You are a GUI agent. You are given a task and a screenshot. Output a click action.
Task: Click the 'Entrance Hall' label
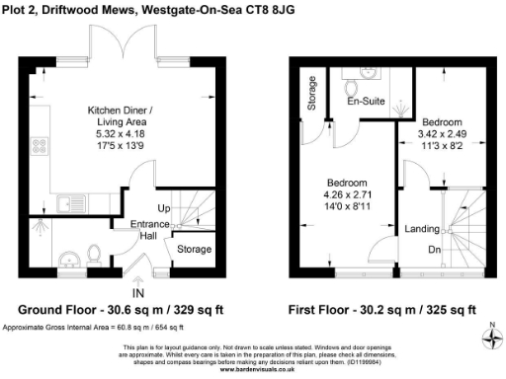point(150,230)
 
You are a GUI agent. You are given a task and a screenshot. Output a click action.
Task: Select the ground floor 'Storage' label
point(194,250)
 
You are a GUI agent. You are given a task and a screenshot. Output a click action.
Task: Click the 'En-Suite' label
point(365,100)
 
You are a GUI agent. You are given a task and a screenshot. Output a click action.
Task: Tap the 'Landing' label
point(423,229)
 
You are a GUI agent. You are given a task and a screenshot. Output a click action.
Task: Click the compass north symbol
point(491,340)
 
